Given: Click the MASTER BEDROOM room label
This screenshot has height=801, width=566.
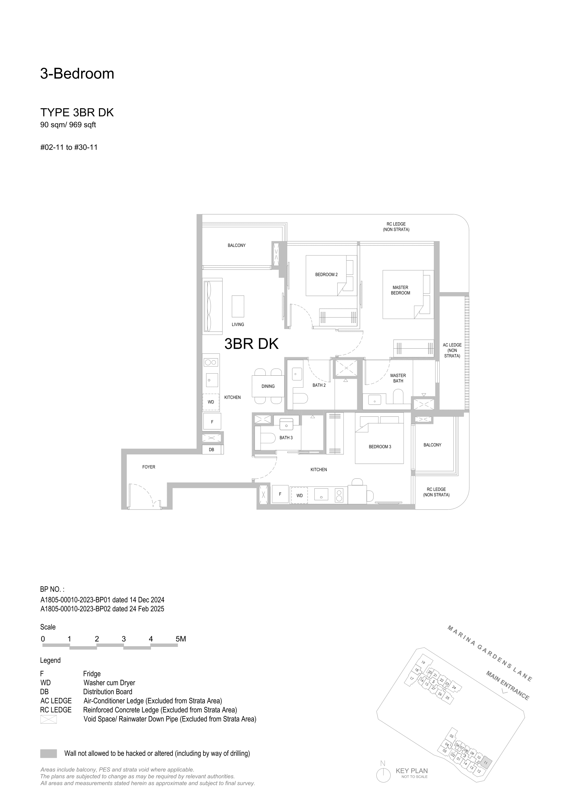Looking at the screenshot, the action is click(400, 290).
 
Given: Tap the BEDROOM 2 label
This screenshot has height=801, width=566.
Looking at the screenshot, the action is click(326, 275).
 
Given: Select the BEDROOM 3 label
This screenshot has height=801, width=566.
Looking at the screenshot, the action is click(380, 447).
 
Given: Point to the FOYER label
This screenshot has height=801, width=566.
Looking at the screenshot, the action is click(149, 467).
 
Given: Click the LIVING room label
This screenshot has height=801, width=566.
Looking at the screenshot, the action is click(238, 324).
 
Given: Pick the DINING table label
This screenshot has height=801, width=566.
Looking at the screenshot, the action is click(268, 386).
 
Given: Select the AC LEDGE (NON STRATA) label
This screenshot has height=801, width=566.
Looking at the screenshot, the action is click(452, 350).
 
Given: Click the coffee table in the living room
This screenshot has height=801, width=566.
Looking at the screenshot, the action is click(238, 306).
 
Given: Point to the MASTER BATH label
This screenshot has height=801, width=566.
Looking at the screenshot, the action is click(398, 378).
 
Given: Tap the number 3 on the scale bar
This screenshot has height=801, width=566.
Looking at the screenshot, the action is click(124, 639).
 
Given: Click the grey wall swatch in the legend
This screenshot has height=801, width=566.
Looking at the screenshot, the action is click(49, 753).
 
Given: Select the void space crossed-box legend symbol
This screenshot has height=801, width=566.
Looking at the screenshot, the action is click(49, 719).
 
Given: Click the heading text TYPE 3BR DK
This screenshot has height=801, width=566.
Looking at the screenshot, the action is click(77, 112).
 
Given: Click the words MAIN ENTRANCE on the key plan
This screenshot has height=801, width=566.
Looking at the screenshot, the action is click(508, 685).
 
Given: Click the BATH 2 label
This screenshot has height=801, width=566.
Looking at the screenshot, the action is click(319, 385).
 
